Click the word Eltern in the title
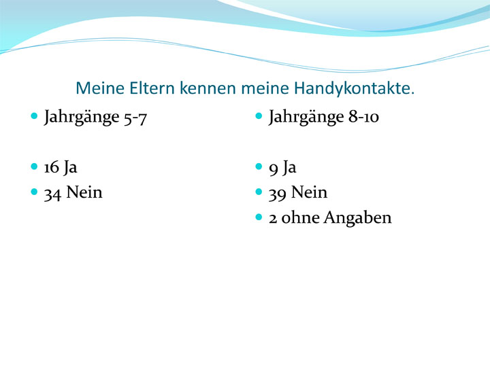coord(152,88)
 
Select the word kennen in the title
coord(208,88)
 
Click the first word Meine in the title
coord(100,88)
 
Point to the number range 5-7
coord(135,118)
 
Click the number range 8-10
coord(363,117)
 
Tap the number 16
coord(52,168)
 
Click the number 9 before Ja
coord(273,169)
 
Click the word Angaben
coord(357,218)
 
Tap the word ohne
coord(301,217)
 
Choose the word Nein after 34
coord(84,192)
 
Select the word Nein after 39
coord(309,192)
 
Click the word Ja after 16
coord(70,167)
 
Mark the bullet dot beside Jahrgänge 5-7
coord(34,116)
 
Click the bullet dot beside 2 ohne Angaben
coord(259,217)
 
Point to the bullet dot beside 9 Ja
coord(259,167)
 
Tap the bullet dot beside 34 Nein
coord(34,192)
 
